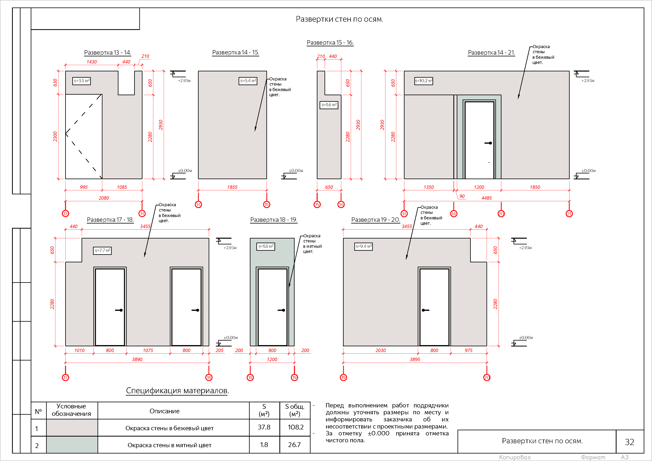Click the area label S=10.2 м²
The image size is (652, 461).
click(x=423, y=81)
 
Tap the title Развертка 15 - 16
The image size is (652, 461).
click(x=330, y=43)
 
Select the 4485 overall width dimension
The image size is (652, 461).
click(x=486, y=198)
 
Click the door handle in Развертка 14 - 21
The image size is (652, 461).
click(x=488, y=143)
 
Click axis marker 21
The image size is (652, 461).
click(x=569, y=214)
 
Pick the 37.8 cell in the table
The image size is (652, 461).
click(x=264, y=427)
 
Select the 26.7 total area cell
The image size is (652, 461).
click(x=295, y=445)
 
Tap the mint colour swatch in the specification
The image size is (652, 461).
click(x=72, y=445)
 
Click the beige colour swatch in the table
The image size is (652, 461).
click(x=72, y=428)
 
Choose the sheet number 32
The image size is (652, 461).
click(x=630, y=442)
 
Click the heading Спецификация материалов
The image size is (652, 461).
click(x=177, y=391)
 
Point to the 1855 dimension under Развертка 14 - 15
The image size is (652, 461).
click(x=232, y=187)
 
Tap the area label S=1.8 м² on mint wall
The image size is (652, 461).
click(x=266, y=246)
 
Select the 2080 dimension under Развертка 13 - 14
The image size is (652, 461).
click(x=104, y=198)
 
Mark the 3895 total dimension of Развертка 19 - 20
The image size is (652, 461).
click(x=415, y=359)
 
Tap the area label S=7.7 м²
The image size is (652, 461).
click(x=102, y=251)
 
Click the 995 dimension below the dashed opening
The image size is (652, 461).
click(x=84, y=187)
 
